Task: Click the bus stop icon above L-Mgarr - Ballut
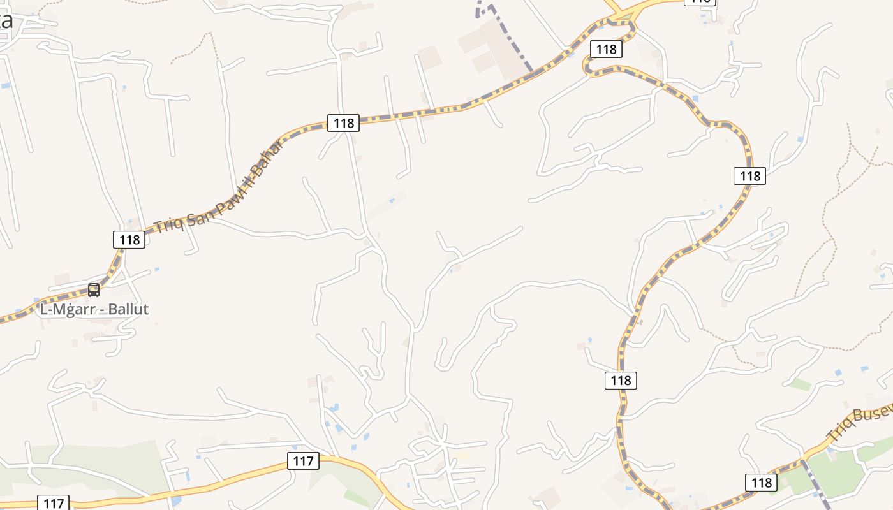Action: [x=94, y=290]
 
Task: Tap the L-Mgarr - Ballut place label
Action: [x=94, y=309]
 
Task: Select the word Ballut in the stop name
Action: [x=128, y=309]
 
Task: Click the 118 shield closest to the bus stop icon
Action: [x=129, y=240]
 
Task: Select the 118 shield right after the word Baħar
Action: [x=343, y=123]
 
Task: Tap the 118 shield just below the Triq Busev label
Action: [x=762, y=482]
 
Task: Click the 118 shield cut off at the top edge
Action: [x=700, y=2]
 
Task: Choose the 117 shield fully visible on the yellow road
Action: [x=303, y=460]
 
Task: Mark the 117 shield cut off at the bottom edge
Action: [x=53, y=503]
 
